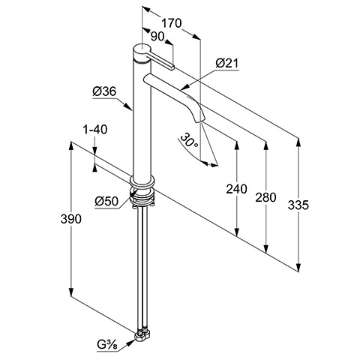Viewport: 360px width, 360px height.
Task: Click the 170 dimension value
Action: pyautogui.click(x=171, y=23)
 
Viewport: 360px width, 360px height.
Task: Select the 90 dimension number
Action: pyautogui.click(x=157, y=37)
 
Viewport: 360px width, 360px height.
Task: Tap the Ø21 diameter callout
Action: pyautogui.click(x=227, y=64)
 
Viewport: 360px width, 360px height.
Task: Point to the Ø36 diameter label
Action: pyautogui.click(x=104, y=91)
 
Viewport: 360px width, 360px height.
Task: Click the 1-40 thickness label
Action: pyautogui.click(x=95, y=130)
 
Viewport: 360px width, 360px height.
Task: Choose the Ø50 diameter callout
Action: pyautogui.click(x=106, y=201)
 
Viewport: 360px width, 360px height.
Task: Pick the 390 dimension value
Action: pyautogui.click(x=71, y=219)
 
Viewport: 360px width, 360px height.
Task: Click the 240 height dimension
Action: pyautogui.click(x=236, y=189)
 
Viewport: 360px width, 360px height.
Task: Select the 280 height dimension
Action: pyautogui.click(x=265, y=197)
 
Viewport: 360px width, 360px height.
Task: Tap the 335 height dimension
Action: pyautogui.click(x=298, y=205)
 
